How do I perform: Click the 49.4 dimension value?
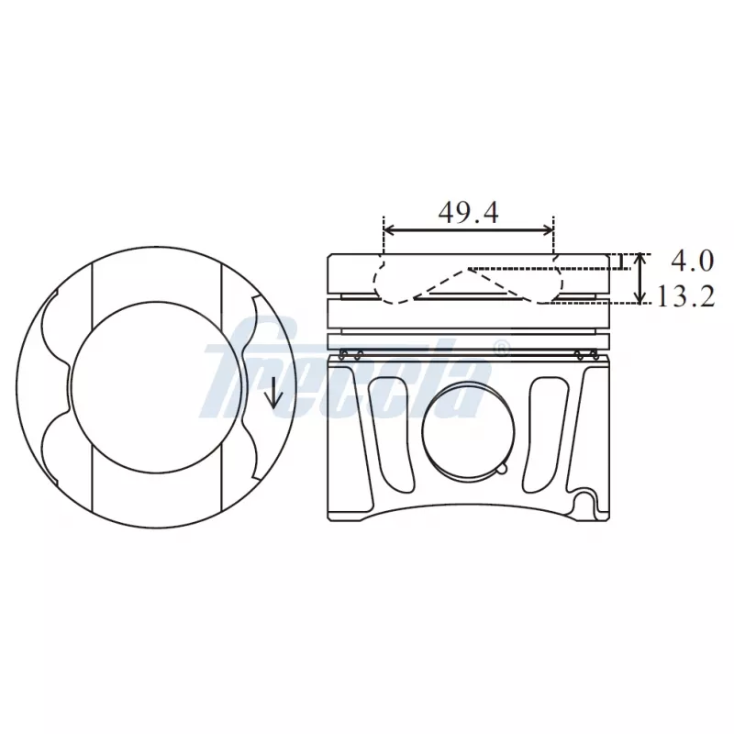click(468, 213)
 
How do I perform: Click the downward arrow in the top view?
click(272, 395)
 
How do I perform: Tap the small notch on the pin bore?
click(500, 469)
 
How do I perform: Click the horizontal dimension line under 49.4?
click(469, 230)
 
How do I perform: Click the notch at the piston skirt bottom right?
click(584, 503)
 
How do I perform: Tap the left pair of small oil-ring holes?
click(350, 355)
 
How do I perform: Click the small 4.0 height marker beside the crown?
click(625, 261)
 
